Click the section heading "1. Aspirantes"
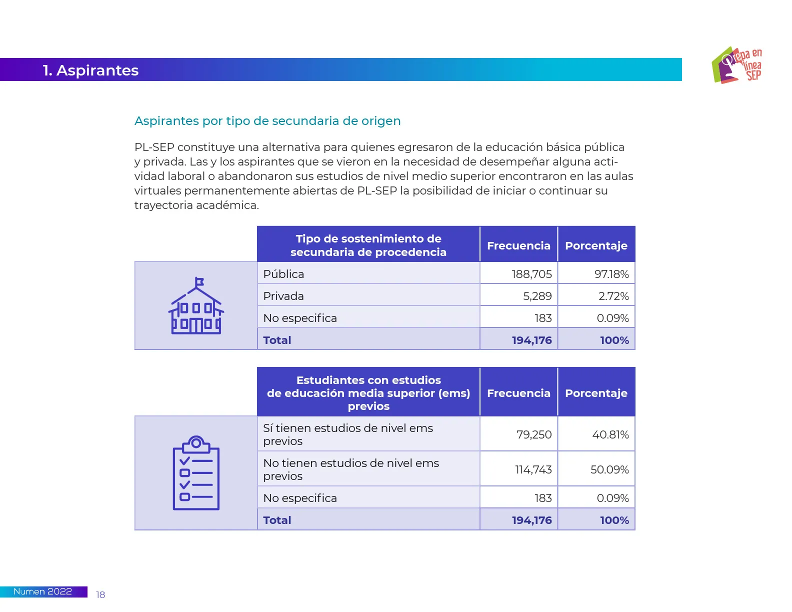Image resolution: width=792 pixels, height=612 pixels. click(x=90, y=70)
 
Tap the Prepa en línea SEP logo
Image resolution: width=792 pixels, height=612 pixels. click(x=736, y=65)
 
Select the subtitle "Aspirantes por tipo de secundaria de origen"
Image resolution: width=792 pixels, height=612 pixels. click(x=267, y=121)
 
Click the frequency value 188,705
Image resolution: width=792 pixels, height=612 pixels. click(x=531, y=274)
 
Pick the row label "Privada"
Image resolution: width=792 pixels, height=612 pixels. click(x=283, y=296)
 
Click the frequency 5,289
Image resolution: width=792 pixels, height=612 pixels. click(x=537, y=296)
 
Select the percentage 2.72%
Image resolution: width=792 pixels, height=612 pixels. click(x=613, y=296)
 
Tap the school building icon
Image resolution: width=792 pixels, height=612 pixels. click(x=196, y=306)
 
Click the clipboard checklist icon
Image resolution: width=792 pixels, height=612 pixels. click(x=196, y=472)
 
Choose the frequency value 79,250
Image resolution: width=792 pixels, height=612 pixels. click(x=534, y=434)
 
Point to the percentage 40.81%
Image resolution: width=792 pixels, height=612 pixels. click(x=610, y=434)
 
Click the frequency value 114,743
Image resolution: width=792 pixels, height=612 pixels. click(x=533, y=469)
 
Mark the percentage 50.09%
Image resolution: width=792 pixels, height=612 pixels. click(x=609, y=469)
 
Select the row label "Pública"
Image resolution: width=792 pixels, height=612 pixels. click(x=283, y=274)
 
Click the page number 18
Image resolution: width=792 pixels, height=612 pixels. click(x=100, y=594)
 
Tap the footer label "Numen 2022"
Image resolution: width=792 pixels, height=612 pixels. click(x=42, y=591)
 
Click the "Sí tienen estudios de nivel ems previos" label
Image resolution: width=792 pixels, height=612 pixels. click(x=348, y=434)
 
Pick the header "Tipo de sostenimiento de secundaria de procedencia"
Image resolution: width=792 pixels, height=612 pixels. click(x=368, y=245)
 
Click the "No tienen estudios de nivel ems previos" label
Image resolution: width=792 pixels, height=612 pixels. click(x=351, y=469)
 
